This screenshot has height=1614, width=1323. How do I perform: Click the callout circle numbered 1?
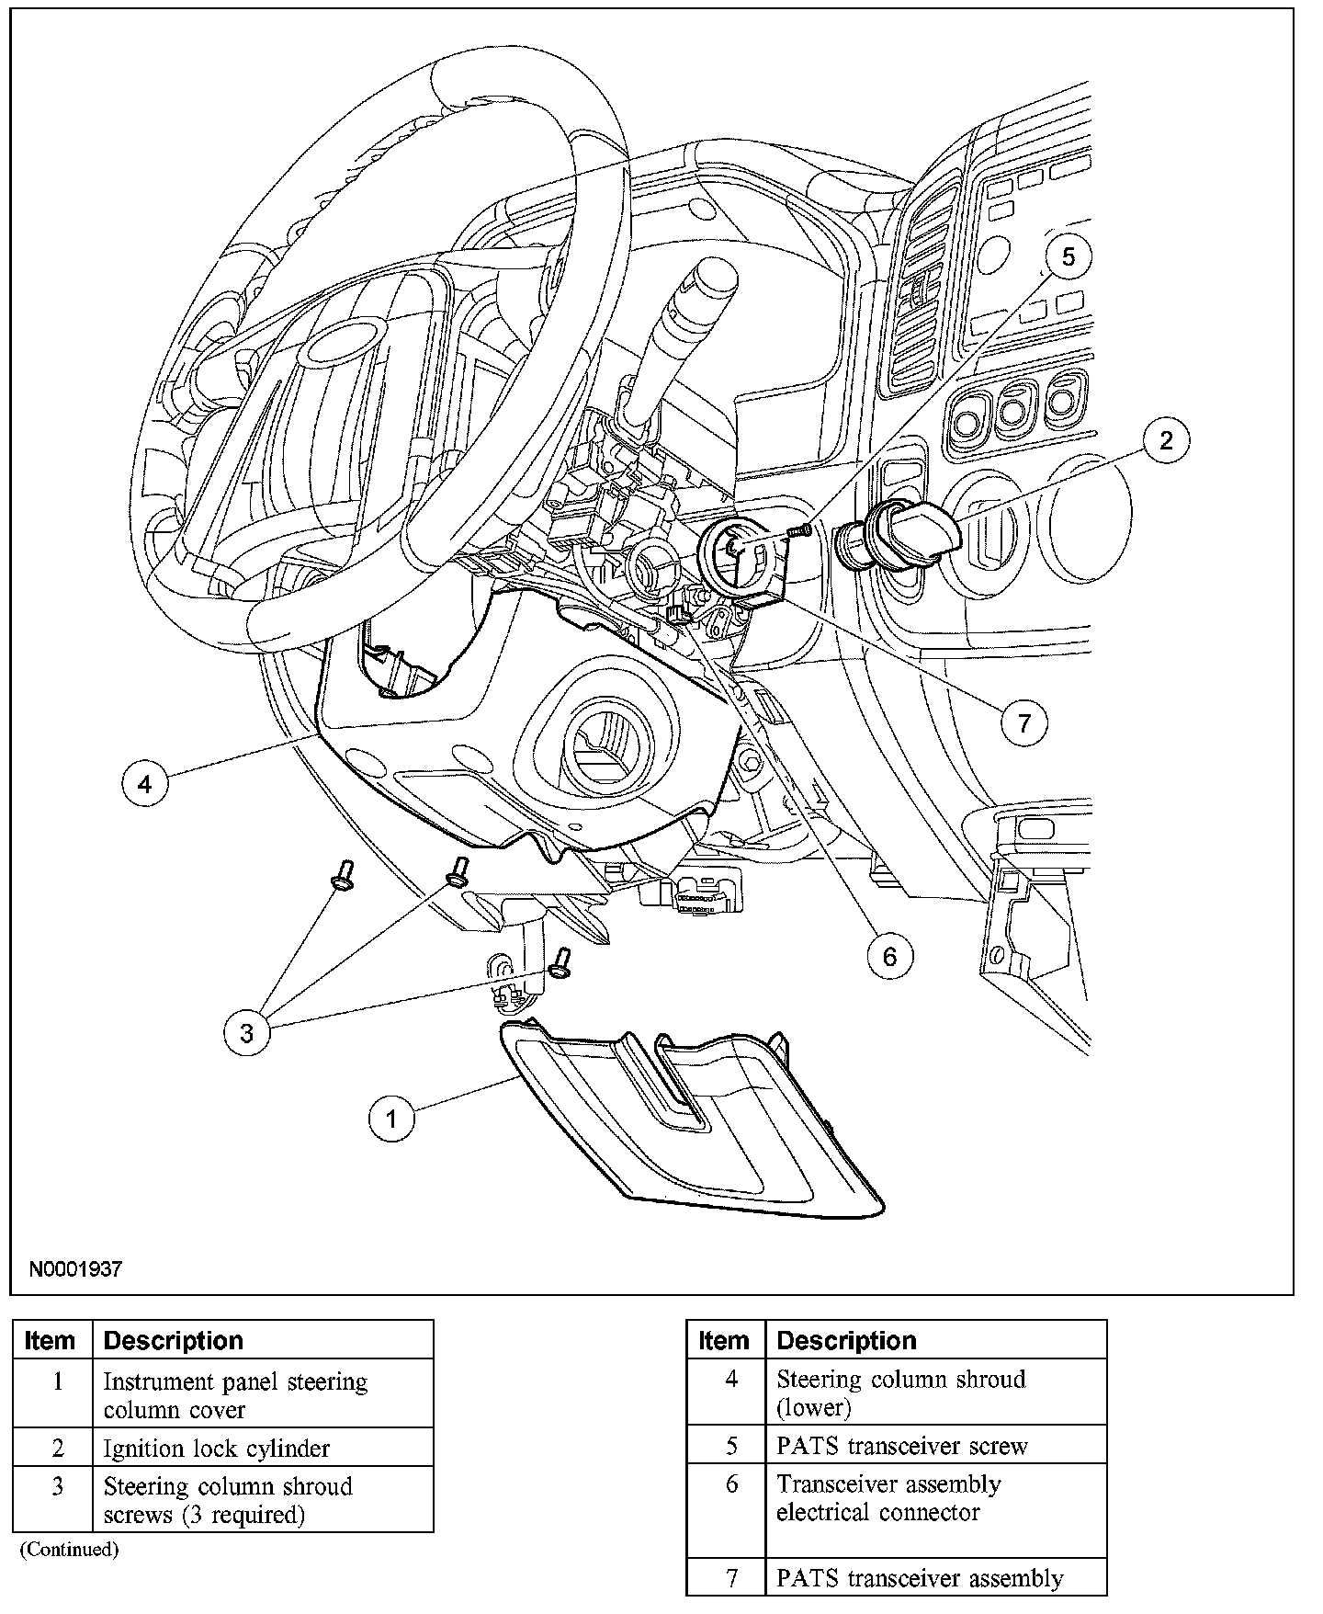tap(391, 1119)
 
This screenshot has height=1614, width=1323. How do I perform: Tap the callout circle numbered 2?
tap(1166, 440)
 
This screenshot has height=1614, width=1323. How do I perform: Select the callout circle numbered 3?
tap(246, 1033)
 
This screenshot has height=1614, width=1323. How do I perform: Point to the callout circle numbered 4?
tap(144, 784)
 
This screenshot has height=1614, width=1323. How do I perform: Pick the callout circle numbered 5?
tap(1068, 256)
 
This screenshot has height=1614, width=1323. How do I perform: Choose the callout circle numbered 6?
tap(889, 957)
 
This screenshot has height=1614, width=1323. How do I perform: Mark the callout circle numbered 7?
tap(1023, 723)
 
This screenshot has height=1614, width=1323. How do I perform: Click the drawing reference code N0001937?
tap(75, 1269)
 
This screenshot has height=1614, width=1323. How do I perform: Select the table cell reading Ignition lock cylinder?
tap(216, 1449)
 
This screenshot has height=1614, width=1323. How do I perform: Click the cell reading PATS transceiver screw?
tap(901, 1446)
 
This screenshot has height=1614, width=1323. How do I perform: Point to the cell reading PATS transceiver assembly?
tap(920, 1578)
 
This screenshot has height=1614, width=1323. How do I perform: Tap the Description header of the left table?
tap(174, 1340)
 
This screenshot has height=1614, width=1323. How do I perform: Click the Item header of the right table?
tap(724, 1340)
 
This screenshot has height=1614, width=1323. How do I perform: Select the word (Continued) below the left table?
tap(70, 1549)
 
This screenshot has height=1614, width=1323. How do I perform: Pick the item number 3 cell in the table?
tap(57, 1486)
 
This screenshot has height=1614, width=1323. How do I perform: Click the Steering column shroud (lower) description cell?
tap(900, 1392)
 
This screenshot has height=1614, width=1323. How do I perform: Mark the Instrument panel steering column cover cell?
tap(235, 1395)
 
